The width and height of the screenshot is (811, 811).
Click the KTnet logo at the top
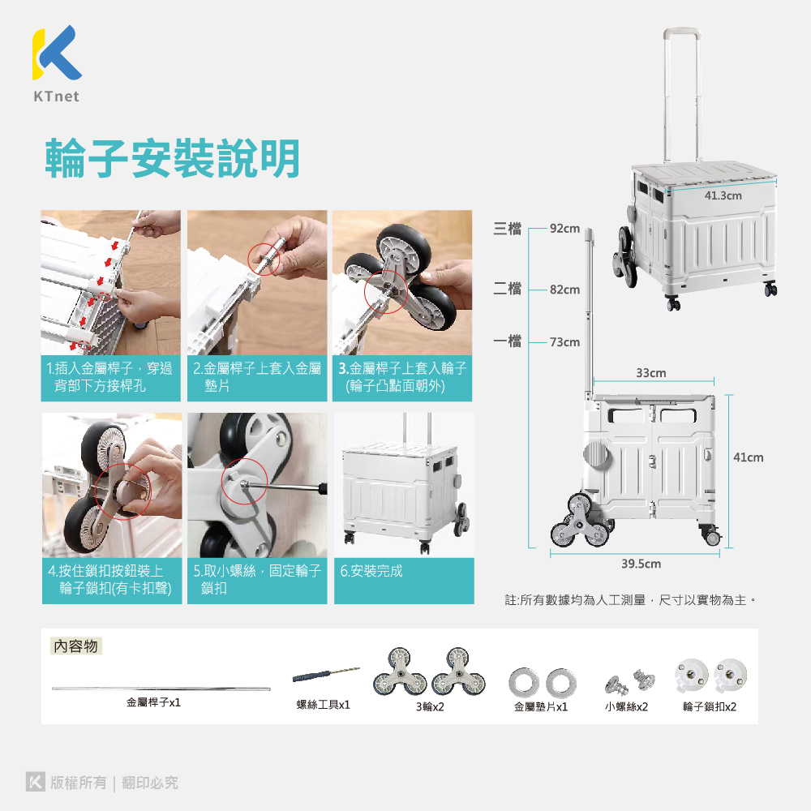point(57,63)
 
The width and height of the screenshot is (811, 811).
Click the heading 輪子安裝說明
point(173,158)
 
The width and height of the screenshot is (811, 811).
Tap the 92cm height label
point(564,228)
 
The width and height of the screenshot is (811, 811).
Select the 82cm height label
point(564,290)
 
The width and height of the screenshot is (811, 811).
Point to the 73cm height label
point(564,342)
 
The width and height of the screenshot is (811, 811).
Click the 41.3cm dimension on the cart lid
point(723,195)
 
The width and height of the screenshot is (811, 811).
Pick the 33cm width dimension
point(651,373)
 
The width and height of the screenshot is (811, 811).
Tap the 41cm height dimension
point(748,457)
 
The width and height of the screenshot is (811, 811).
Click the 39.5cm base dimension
point(641,564)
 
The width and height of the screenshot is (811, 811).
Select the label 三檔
point(508,228)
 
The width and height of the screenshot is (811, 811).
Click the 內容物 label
point(76,646)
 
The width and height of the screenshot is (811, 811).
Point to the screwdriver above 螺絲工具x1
point(326,674)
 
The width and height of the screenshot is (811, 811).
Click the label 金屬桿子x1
point(153,702)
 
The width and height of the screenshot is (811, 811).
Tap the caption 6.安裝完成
point(371,571)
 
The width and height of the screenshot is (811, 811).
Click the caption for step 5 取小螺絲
point(257,579)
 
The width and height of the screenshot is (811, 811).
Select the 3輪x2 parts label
point(430,706)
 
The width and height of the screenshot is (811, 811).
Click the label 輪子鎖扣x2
point(710,706)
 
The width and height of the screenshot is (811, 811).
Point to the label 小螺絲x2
point(626,706)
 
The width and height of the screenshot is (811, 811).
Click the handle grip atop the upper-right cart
point(682,32)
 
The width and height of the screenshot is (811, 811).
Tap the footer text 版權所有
point(79,783)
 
